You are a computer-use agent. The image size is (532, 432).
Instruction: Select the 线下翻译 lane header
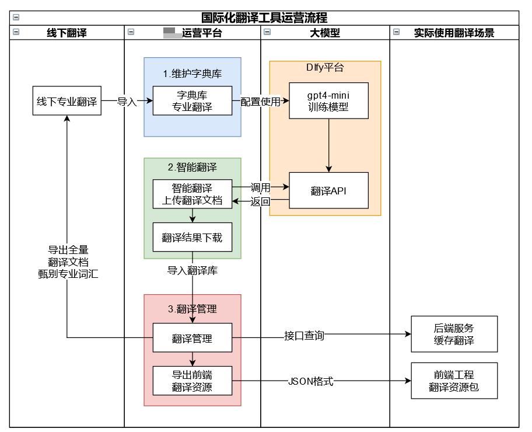coord(66,33)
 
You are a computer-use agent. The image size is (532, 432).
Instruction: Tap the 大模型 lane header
coord(325,33)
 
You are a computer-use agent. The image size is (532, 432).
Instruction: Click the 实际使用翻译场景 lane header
coord(454,33)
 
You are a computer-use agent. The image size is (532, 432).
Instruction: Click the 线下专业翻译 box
coord(67,101)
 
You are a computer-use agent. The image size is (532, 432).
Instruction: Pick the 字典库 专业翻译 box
coord(192,101)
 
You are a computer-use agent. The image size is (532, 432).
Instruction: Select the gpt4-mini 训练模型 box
coord(329,101)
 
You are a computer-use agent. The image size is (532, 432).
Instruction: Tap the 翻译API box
coord(329,190)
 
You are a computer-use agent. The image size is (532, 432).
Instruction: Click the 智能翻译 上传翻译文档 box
coord(192,194)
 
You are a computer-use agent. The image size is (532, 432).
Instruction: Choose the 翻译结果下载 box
coord(192,238)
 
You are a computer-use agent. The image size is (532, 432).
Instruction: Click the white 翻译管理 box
coord(192,338)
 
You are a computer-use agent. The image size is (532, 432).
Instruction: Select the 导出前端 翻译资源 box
coord(192,381)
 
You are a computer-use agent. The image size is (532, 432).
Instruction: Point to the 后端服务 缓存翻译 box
coord(454,334)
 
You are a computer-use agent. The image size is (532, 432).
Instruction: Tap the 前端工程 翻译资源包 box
coord(454,381)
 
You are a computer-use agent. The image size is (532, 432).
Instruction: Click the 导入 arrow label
coord(127,102)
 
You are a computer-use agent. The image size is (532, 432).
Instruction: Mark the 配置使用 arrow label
coord(260,102)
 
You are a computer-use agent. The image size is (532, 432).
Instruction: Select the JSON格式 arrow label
coord(310,381)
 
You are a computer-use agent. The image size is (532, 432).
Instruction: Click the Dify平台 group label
coord(325,67)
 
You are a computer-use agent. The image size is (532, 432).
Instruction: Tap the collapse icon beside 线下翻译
coord(16,33)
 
